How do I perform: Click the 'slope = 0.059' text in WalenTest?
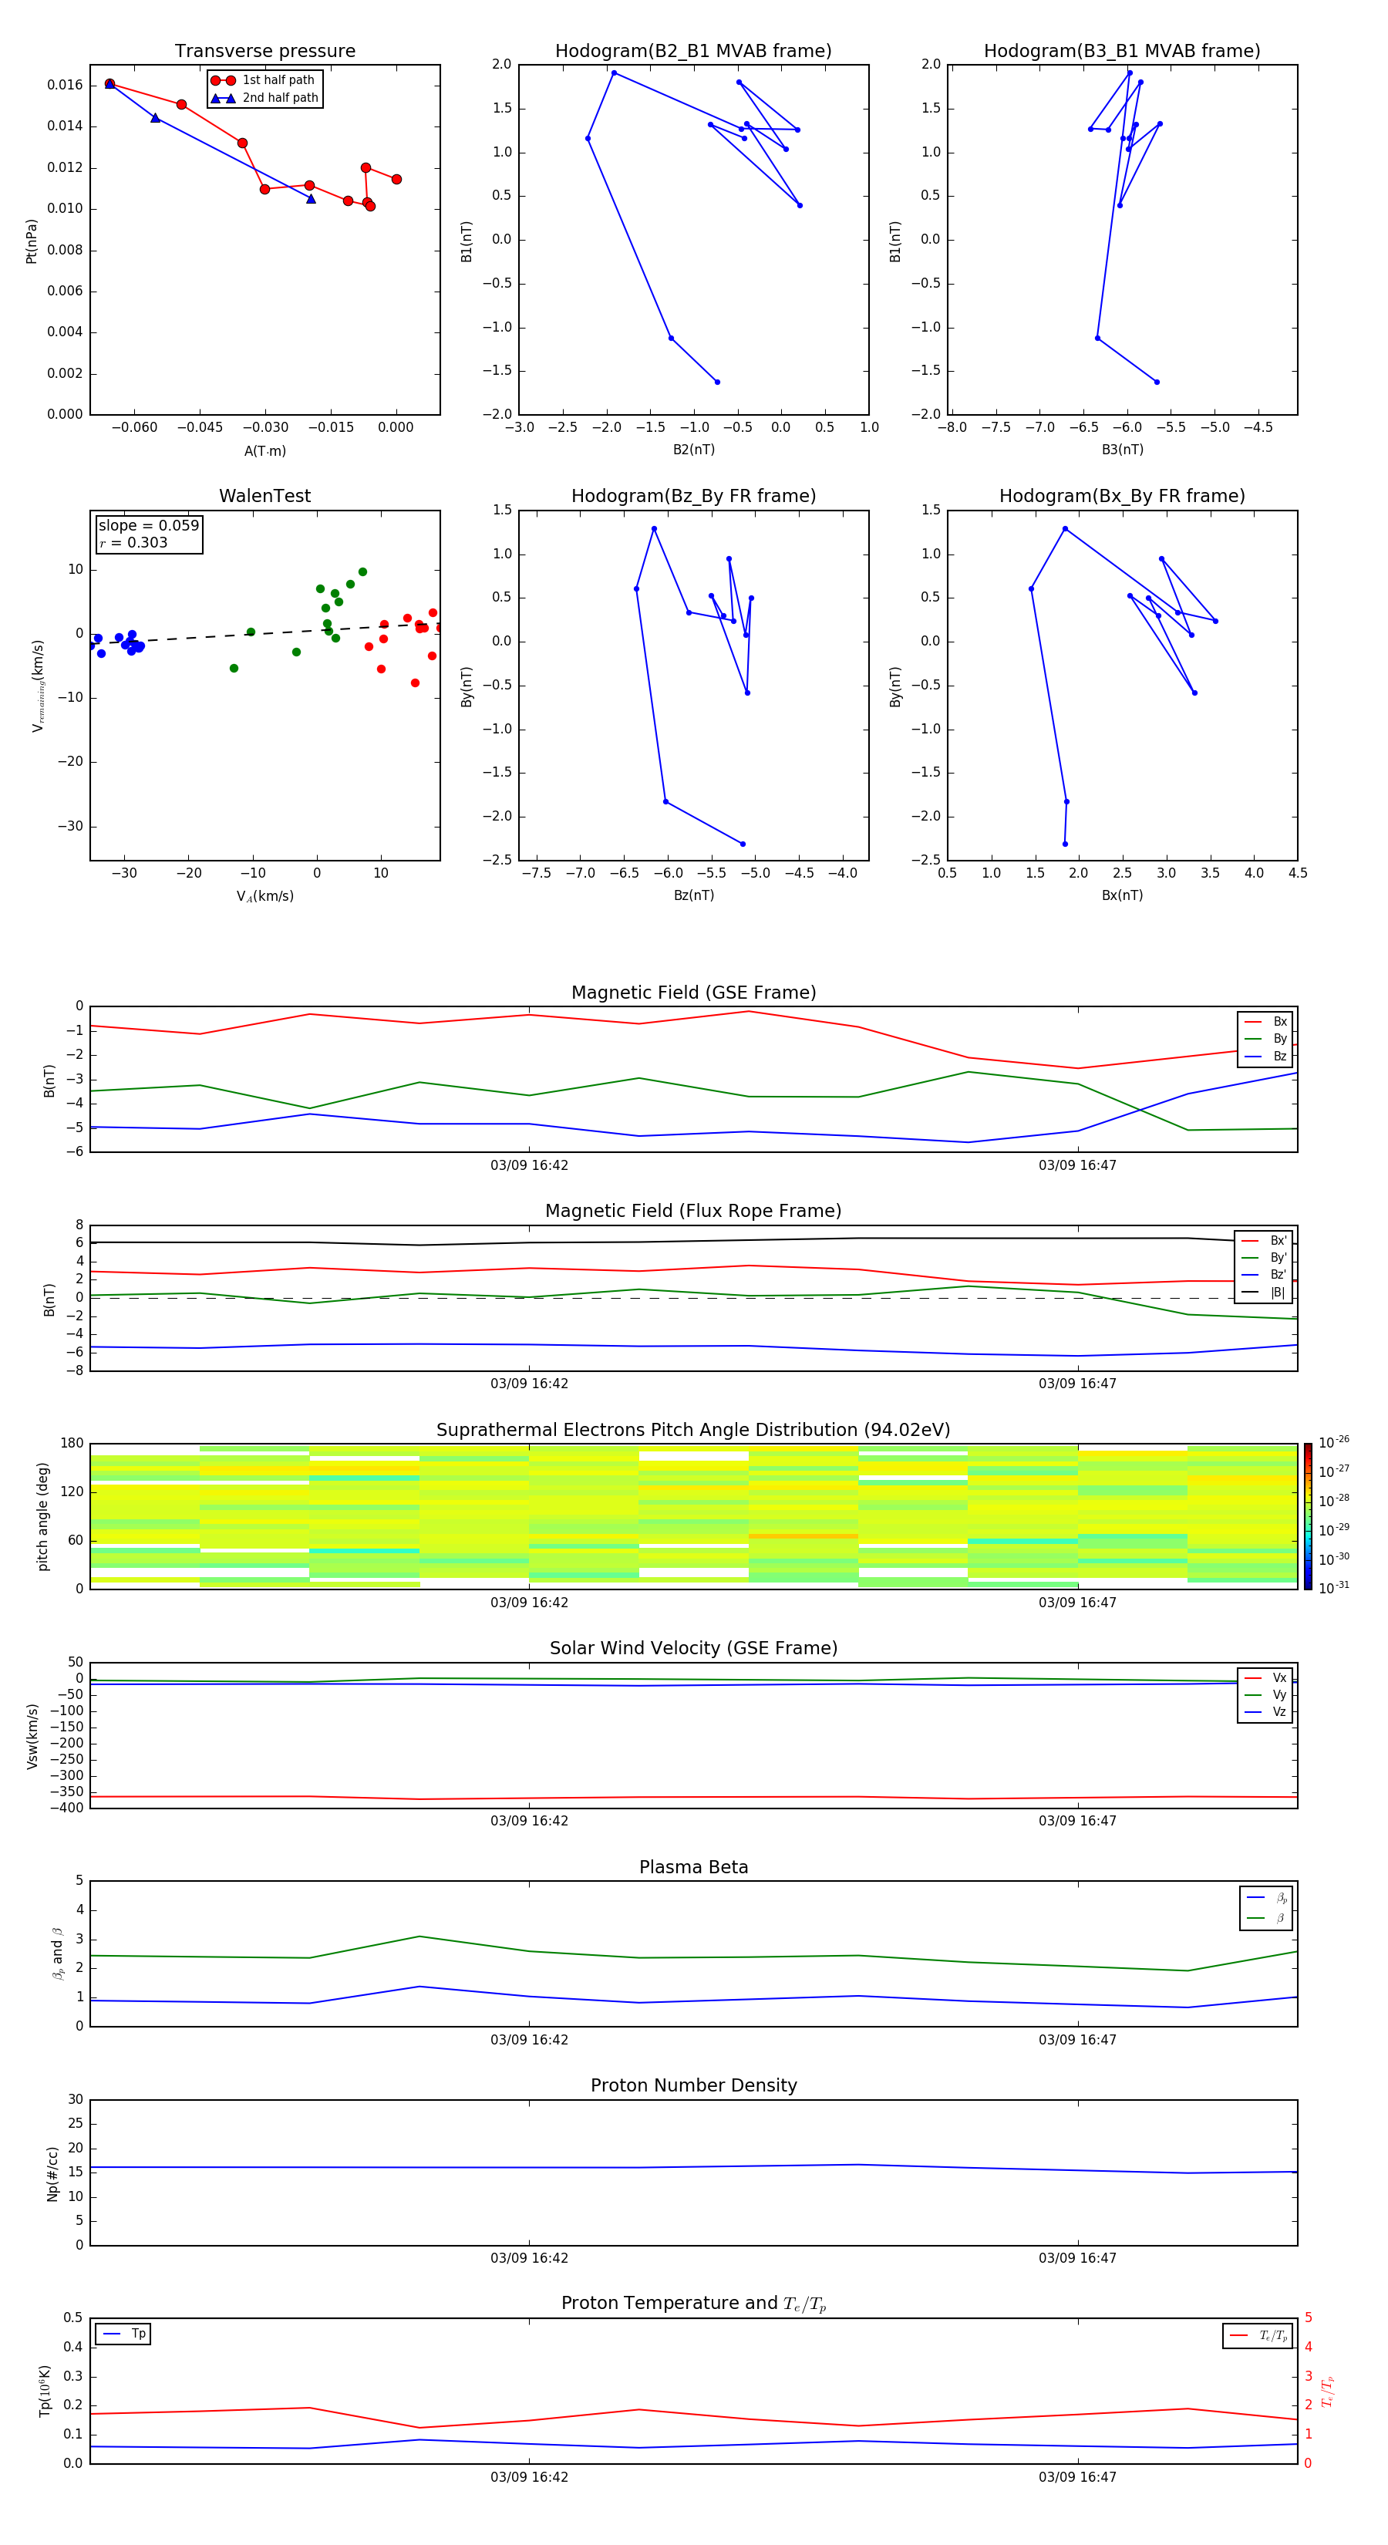pyautogui.click(x=148, y=526)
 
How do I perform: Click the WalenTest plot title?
pyautogui.click(x=264, y=496)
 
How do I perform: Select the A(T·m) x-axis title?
pyautogui.click(x=264, y=450)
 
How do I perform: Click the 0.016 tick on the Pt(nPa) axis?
pyautogui.click(x=66, y=85)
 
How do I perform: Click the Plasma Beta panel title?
pyautogui.click(x=693, y=1867)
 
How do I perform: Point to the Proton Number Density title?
pyautogui.click(x=693, y=2085)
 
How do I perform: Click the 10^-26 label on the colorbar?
pyautogui.click(x=1334, y=1442)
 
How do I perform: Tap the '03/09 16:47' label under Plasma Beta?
pyautogui.click(x=1076, y=2039)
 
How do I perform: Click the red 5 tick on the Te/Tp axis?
pyautogui.click(x=1308, y=2317)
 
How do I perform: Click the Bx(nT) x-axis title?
pyautogui.click(x=1122, y=895)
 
